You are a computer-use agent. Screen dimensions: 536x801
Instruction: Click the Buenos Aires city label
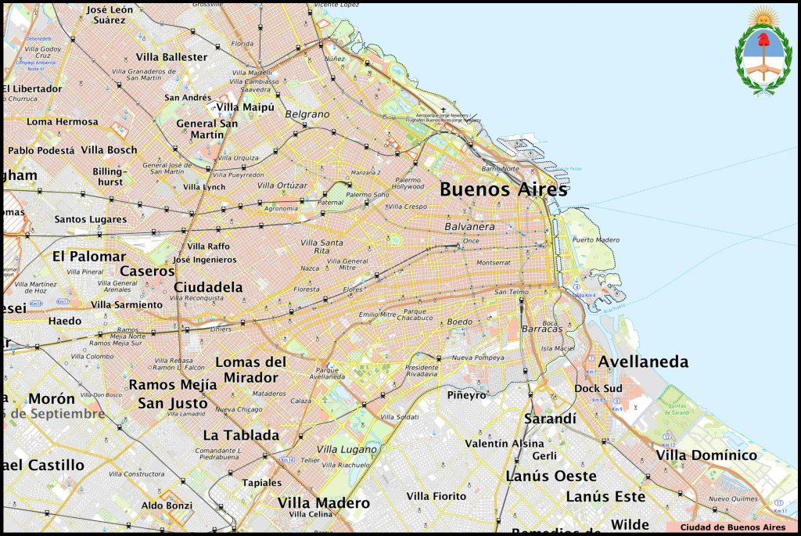pyautogui.click(x=503, y=189)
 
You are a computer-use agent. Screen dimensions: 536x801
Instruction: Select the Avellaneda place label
pyautogui.click(x=643, y=362)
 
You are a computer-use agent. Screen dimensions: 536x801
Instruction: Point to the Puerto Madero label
pyautogui.click(x=595, y=239)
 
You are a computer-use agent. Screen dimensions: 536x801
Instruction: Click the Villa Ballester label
pyautogui.click(x=171, y=57)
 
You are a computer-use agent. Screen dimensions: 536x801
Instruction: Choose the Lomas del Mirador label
pyautogui.click(x=250, y=369)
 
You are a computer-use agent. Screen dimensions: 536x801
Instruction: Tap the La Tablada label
pyautogui.click(x=241, y=435)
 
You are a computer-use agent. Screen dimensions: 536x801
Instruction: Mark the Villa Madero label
pyautogui.click(x=323, y=502)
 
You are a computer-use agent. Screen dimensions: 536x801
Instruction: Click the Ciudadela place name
pyautogui.click(x=208, y=287)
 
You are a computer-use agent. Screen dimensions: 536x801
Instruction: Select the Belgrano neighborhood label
pyautogui.click(x=307, y=114)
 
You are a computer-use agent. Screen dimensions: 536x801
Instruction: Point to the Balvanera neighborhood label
pyautogui.click(x=469, y=226)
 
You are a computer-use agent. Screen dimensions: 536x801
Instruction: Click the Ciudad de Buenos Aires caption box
pyautogui.click(x=732, y=527)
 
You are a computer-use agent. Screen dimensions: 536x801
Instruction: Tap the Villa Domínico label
pyautogui.click(x=706, y=455)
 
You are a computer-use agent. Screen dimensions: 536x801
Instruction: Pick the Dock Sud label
pyautogui.click(x=598, y=388)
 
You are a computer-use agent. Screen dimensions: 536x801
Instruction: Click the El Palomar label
pyautogui.click(x=88, y=256)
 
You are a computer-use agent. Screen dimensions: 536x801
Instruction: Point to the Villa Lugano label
pyautogui.click(x=347, y=449)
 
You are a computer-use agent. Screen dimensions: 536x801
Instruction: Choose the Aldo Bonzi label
pyautogui.click(x=167, y=505)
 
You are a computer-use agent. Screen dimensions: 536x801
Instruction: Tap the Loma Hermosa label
pyautogui.click(x=63, y=122)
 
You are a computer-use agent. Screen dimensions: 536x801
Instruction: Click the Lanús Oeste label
pyautogui.click(x=551, y=476)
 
